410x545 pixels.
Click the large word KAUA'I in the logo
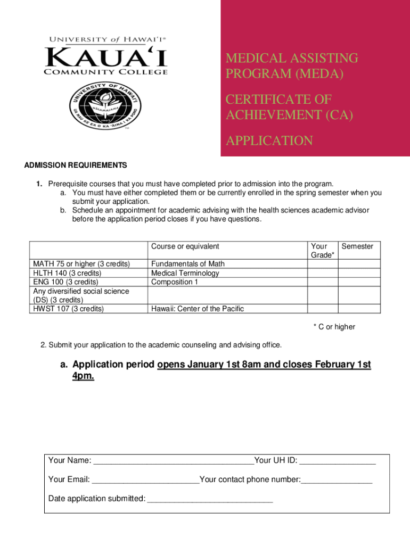pos(106,56)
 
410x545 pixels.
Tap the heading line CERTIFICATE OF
pos(278,100)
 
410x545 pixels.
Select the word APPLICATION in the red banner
pos(269,141)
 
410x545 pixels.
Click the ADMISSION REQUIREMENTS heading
pos(76,165)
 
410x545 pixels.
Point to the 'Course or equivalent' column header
pos(185,246)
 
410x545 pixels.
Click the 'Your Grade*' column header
pos(322,251)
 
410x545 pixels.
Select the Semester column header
pos(357,246)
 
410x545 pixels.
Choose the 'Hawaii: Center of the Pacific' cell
pos(198,309)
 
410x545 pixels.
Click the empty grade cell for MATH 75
pos(322,263)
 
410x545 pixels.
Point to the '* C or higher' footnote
pos(334,327)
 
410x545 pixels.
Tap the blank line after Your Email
pos(145,480)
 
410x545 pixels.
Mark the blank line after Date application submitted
pos(210,499)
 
